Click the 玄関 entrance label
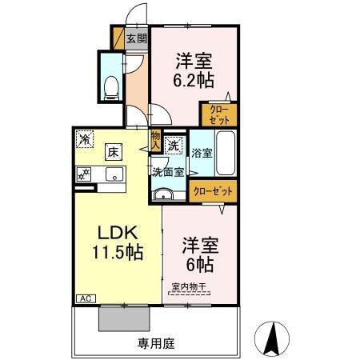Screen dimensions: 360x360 [137, 38]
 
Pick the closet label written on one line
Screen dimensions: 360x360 [214, 192]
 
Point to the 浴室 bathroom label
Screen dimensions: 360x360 [202, 152]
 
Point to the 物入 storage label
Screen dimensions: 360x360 [155, 141]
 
